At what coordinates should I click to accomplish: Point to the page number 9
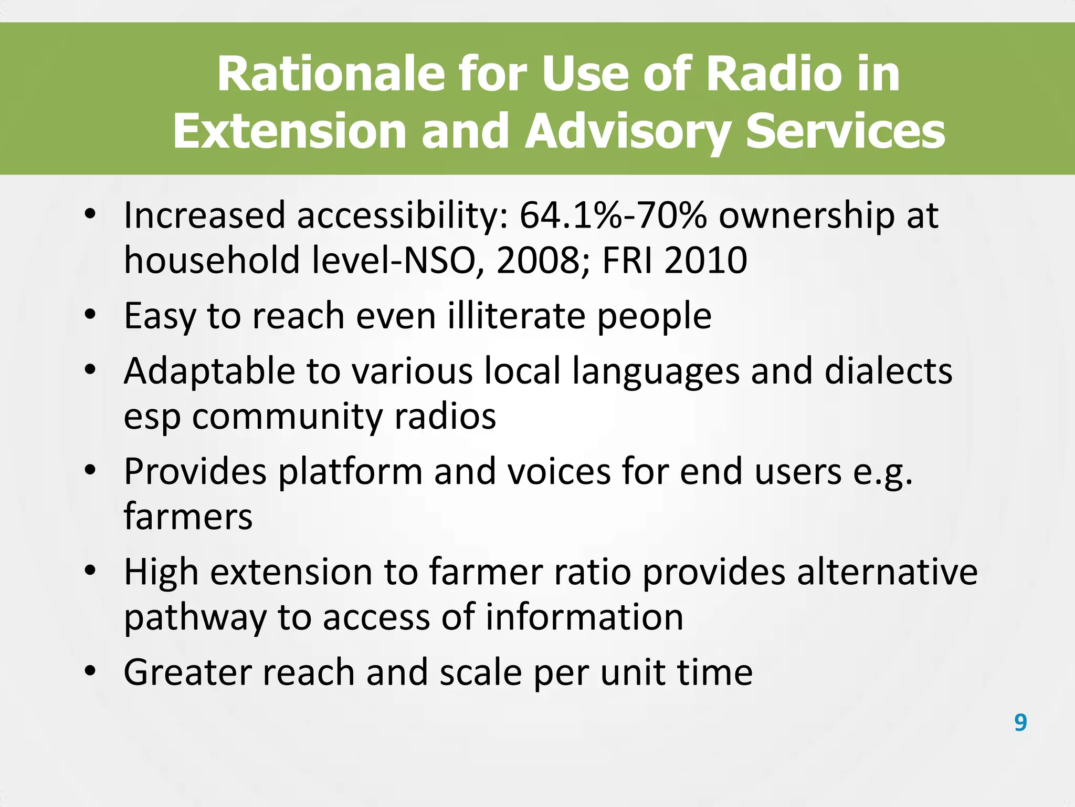point(1020,722)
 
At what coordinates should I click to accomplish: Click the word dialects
point(888,371)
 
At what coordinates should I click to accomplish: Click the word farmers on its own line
point(188,517)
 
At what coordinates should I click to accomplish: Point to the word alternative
point(887,572)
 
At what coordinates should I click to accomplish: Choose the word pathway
point(195,618)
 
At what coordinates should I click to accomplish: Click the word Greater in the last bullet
point(186,672)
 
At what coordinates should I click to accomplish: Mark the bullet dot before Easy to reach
point(90,315)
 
